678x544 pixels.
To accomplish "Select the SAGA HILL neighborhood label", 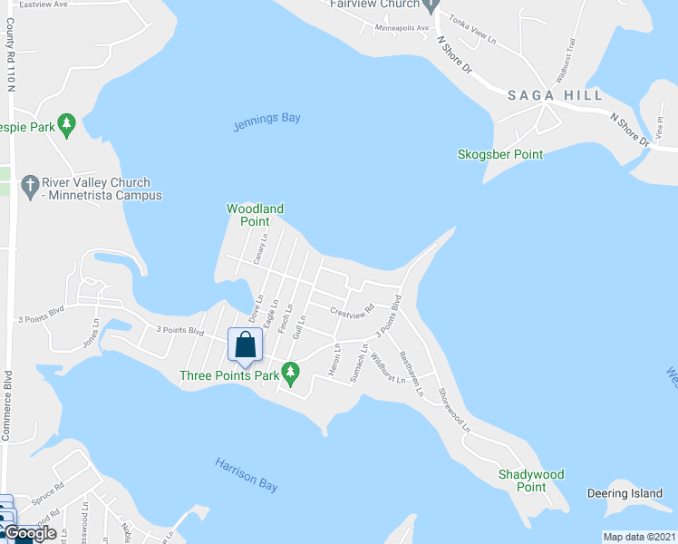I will pyautogui.click(x=542, y=95).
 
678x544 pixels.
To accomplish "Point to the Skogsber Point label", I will pyautogui.click(x=500, y=155).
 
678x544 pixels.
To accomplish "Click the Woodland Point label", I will pyautogui.click(x=255, y=215).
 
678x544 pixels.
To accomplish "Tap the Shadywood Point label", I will pyautogui.click(x=531, y=481).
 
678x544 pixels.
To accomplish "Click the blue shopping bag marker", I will pyautogui.click(x=245, y=346).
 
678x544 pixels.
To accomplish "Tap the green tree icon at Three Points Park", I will pyautogui.click(x=290, y=371).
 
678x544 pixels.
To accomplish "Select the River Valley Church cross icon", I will pyautogui.click(x=30, y=185).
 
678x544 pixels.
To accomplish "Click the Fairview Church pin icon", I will pyautogui.click(x=433, y=5).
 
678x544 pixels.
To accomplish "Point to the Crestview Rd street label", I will pyautogui.click(x=353, y=312).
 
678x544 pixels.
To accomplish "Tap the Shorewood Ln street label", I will pyautogui.click(x=455, y=409).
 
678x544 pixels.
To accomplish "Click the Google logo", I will pyautogui.click(x=30, y=533).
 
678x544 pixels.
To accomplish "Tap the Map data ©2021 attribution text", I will pyautogui.click(x=639, y=537).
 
